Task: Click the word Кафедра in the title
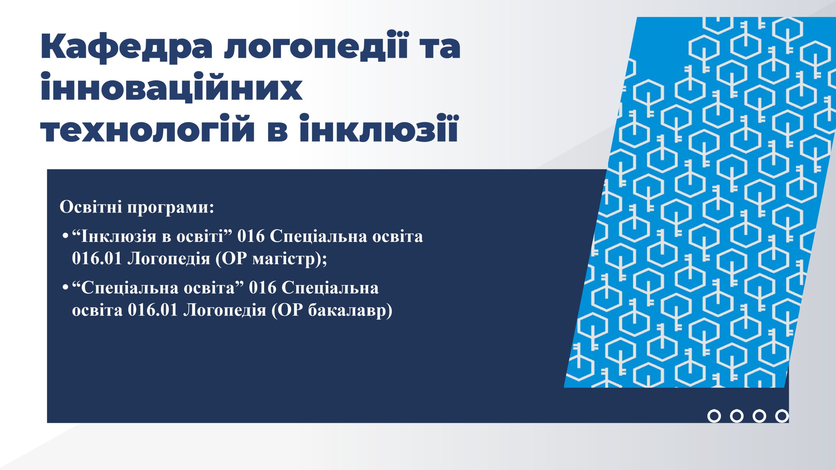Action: [127, 48]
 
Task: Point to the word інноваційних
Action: [171, 86]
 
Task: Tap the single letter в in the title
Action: [277, 132]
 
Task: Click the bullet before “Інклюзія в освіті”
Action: [66, 236]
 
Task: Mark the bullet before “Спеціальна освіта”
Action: [66, 288]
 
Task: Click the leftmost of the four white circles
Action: [714, 416]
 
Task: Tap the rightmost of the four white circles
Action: [782, 416]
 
